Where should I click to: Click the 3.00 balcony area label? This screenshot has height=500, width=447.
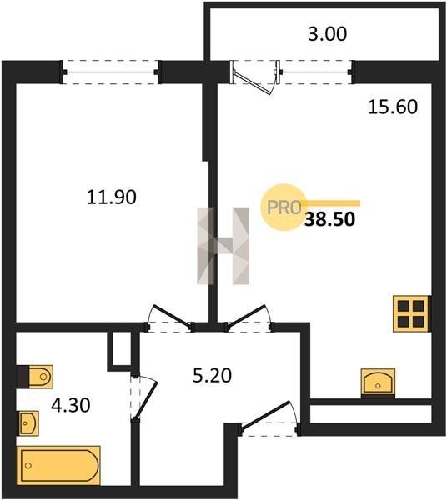[x=327, y=34]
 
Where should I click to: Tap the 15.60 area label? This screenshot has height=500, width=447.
[x=393, y=107]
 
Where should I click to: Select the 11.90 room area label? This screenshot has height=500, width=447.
[x=112, y=197]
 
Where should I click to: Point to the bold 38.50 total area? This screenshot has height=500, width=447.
[x=329, y=219]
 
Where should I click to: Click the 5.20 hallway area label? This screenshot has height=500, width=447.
[x=212, y=375]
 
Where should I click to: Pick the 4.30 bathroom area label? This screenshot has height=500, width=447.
[x=71, y=406]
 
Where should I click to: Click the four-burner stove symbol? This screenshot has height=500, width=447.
[x=411, y=314]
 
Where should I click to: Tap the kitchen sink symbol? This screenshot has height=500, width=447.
[x=378, y=382]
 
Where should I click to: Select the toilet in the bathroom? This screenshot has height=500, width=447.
[x=35, y=377]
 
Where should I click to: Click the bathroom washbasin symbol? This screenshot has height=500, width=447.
[x=28, y=423]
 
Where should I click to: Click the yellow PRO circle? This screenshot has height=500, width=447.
[x=284, y=207]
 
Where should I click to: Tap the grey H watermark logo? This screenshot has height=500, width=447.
[x=223, y=246]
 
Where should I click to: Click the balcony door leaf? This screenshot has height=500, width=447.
[x=254, y=83]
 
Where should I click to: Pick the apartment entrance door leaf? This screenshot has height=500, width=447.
[x=265, y=413]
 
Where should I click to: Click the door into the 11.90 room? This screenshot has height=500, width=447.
[x=173, y=317]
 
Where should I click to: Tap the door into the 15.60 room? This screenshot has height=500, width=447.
[x=246, y=316]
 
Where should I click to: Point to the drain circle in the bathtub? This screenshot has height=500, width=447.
[x=28, y=466]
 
